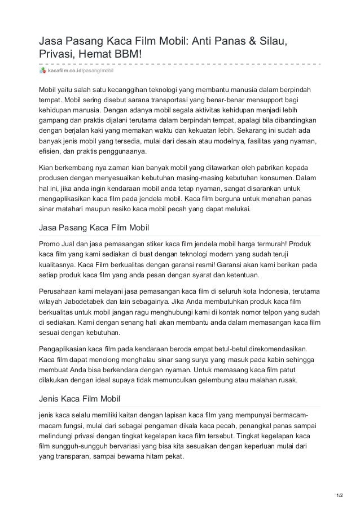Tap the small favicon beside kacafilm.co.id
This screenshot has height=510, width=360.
(42, 70)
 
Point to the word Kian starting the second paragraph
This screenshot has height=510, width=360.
(46, 168)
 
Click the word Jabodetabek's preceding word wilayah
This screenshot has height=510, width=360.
(50, 302)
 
